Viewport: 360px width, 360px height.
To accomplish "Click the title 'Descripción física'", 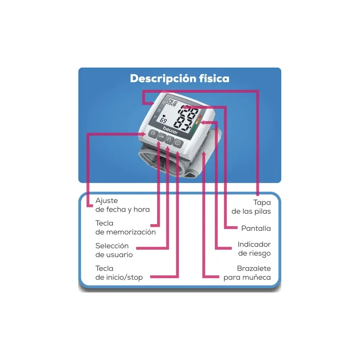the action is click(180, 78).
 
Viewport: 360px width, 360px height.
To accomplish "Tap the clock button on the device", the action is click(153, 134).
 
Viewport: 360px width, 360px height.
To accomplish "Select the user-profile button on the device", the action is click(169, 139).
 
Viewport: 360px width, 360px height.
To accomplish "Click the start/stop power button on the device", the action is click(178, 143).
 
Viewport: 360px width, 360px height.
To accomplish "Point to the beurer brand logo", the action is click(171, 130).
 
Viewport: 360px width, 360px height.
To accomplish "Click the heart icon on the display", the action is click(163, 116).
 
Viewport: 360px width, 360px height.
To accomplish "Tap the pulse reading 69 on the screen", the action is click(163, 120).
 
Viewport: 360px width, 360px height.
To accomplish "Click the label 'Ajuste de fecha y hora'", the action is click(122, 205).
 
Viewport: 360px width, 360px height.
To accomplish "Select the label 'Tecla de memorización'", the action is click(126, 228).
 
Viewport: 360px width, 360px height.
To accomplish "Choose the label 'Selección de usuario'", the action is click(114, 250).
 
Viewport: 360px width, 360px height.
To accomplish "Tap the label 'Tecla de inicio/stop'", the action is click(119, 273).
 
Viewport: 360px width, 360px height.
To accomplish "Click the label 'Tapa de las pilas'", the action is click(251, 207).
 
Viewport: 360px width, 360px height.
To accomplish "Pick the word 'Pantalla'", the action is click(256, 228).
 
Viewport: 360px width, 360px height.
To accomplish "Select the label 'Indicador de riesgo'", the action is click(254, 249).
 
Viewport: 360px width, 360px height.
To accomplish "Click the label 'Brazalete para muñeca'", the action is click(247, 273).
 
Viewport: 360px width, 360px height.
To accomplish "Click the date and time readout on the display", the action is click(172, 102).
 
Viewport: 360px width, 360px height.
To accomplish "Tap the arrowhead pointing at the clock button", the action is click(144, 134).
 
